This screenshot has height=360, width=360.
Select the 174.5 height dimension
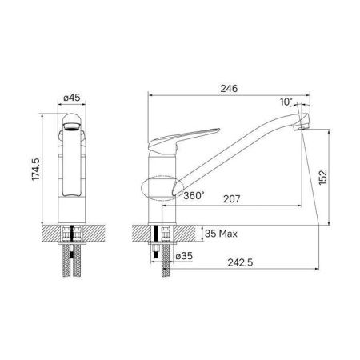click(31, 172)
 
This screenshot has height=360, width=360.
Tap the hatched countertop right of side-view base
click(190, 232)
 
